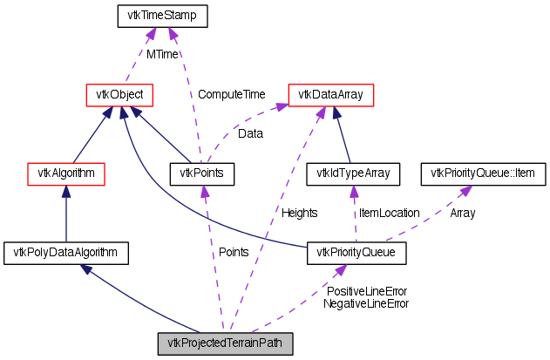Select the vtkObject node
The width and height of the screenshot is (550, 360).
(x=119, y=93)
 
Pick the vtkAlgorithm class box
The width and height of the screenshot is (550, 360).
(x=67, y=173)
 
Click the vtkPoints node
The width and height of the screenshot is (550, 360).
(x=202, y=173)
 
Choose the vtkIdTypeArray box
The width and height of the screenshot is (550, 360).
(x=353, y=173)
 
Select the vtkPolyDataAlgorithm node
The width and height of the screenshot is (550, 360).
(x=67, y=254)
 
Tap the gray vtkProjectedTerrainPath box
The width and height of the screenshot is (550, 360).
(x=225, y=343)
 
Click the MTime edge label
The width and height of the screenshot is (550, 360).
(x=162, y=54)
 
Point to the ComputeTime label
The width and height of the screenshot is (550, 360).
(x=231, y=94)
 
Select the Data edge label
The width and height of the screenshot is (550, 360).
(x=250, y=134)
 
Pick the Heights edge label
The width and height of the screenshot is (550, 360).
(x=299, y=212)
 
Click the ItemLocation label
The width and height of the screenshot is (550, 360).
(x=389, y=213)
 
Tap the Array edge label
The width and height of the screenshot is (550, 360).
(x=462, y=213)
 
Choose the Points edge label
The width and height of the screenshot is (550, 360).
(x=233, y=252)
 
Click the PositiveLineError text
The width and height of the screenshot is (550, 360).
(x=366, y=291)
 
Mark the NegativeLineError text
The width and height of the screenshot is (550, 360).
(x=366, y=303)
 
